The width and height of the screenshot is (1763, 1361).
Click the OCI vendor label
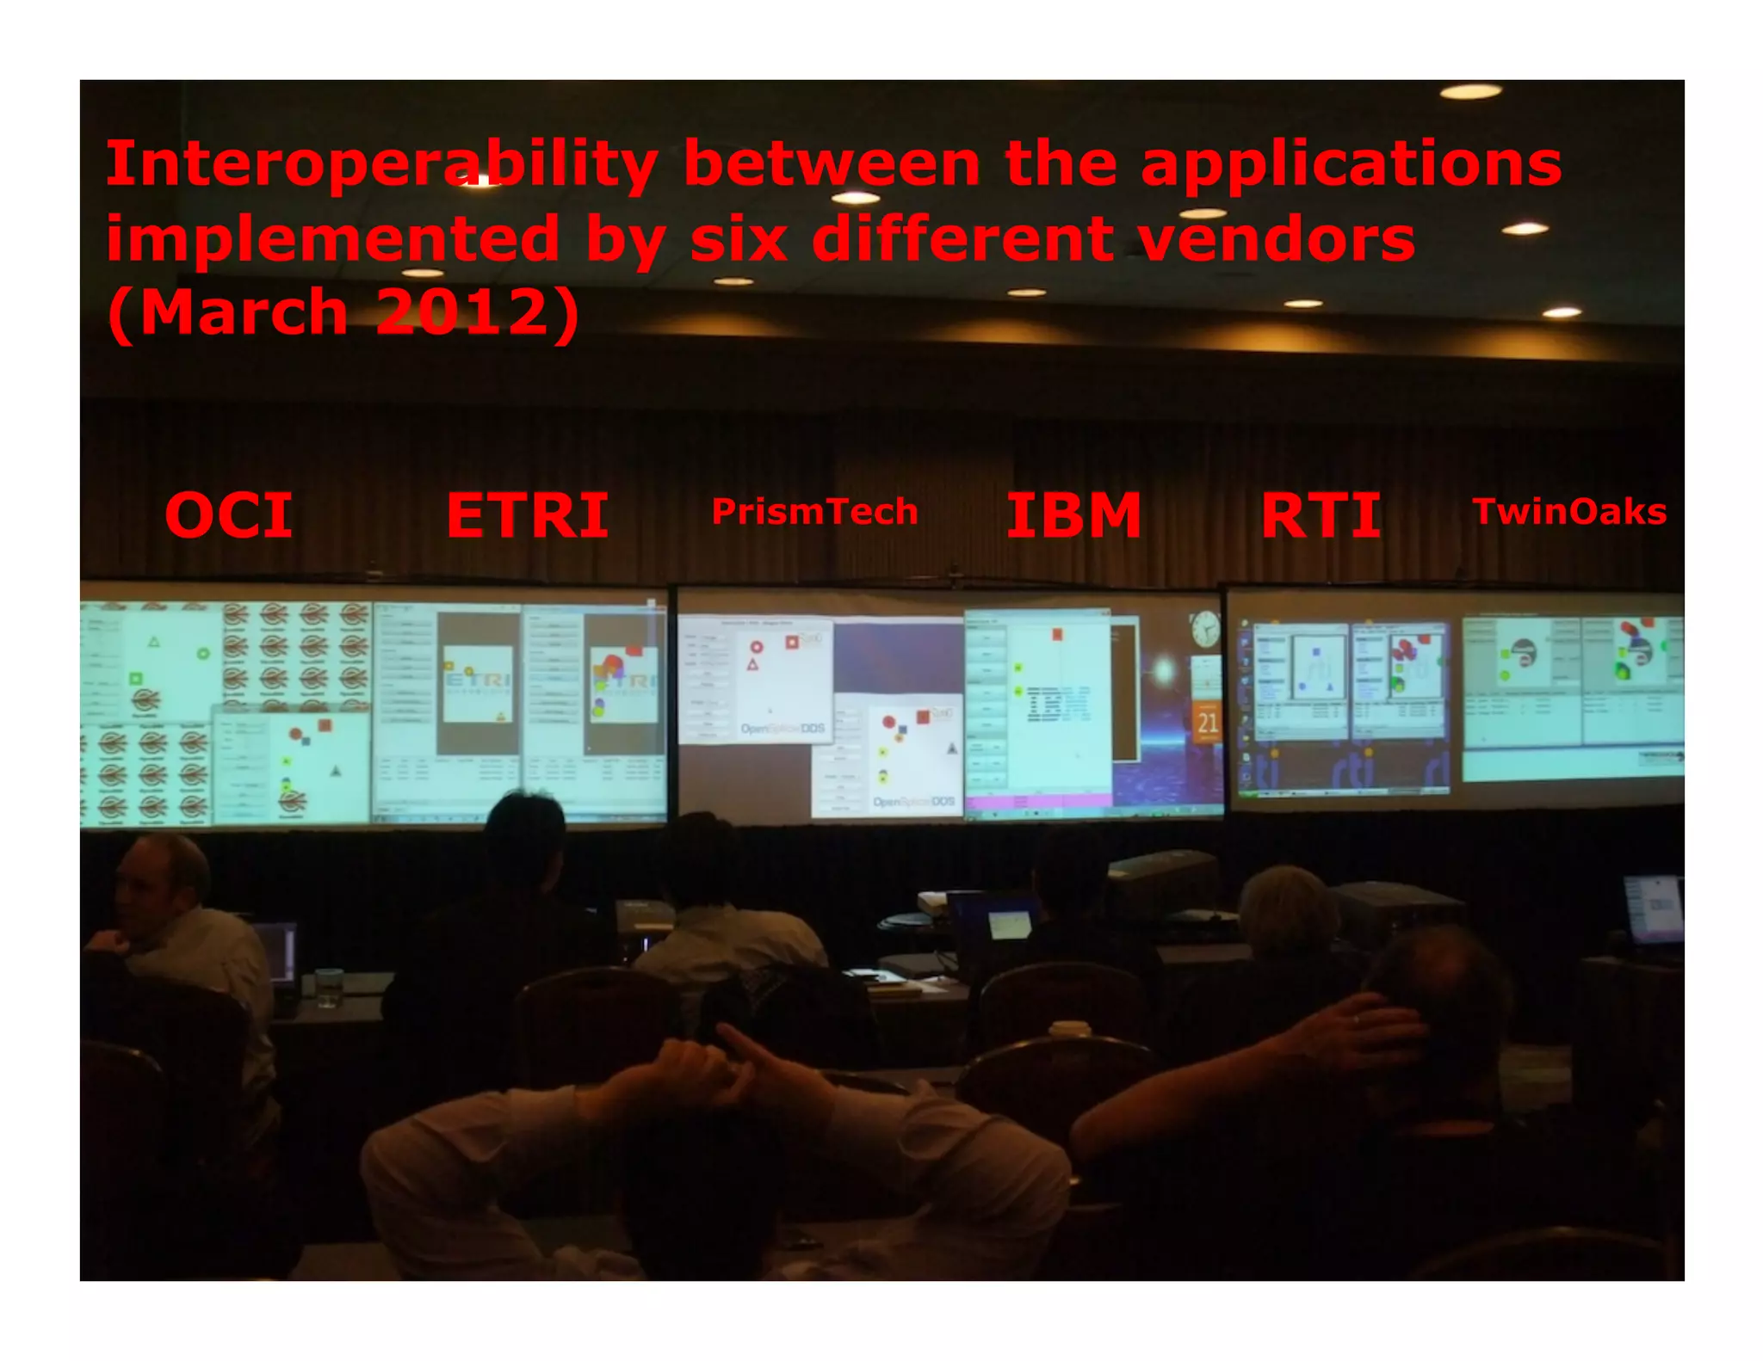click(x=229, y=516)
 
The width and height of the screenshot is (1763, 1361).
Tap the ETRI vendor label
click(x=528, y=516)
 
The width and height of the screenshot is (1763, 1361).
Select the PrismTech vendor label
click(x=814, y=513)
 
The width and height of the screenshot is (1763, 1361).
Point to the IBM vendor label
click(x=1073, y=516)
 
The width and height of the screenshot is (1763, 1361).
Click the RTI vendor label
click(x=1321, y=516)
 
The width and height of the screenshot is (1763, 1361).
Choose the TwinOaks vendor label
click(x=1569, y=513)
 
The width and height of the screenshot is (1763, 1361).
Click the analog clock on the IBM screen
click(x=1205, y=629)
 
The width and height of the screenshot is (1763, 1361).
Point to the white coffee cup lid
click(x=1069, y=1027)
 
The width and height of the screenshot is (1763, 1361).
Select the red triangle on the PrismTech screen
click(x=752, y=664)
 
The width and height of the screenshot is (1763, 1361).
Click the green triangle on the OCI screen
click(x=154, y=641)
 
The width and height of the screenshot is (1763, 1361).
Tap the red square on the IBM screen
click(x=1057, y=635)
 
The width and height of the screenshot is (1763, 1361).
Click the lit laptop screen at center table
click(x=1010, y=925)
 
